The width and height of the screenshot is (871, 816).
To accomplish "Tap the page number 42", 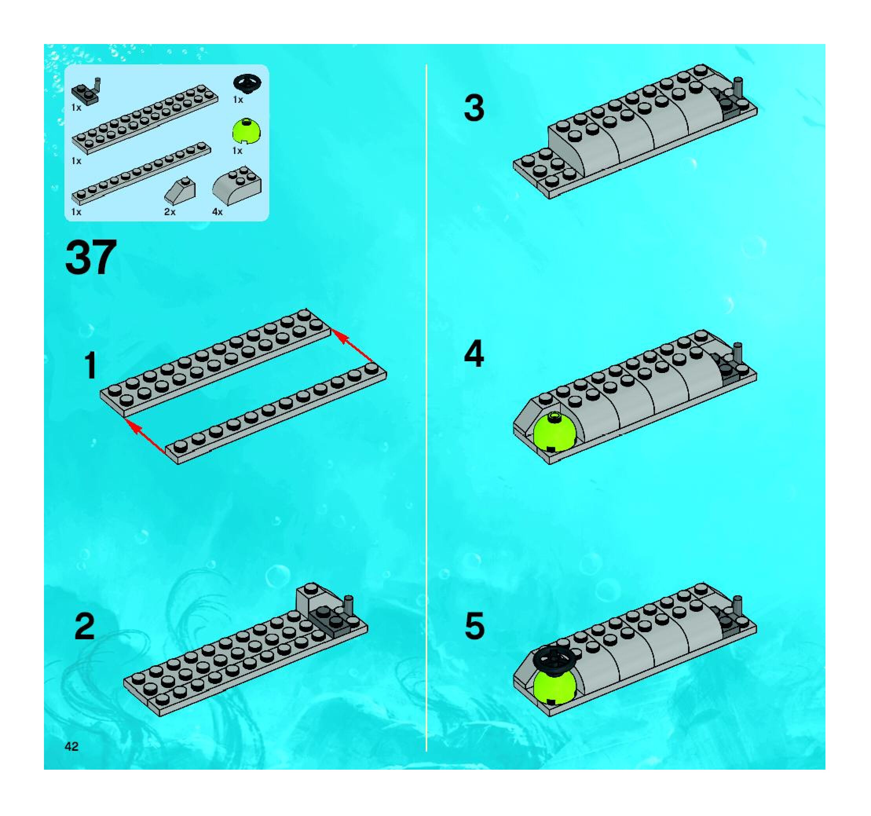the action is pyautogui.click(x=71, y=746).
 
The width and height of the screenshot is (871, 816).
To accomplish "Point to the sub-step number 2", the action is pyautogui.click(x=85, y=626).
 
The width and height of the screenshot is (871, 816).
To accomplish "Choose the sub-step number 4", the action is pyautogui.click(x=474, y=353).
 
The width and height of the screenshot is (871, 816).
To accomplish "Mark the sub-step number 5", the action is pyautogui.click(x=474, y=626).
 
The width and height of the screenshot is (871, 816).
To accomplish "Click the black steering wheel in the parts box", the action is pyautogui.click(x=247, y=83).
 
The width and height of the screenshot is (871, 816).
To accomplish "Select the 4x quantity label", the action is pyautogui.click(x=217, y=212).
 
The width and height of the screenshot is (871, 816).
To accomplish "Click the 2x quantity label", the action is pyautogui.click(x=170, y=212).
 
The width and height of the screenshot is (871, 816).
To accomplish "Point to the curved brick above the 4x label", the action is pyautogui.click(x=236, y=186).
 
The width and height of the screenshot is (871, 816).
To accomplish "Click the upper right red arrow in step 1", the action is pyautogui.click(x=353, y=346).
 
